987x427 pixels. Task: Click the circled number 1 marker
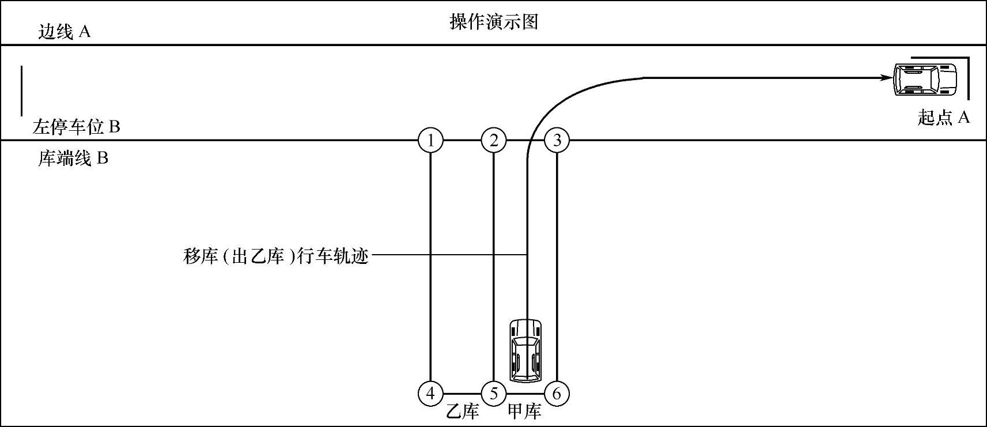pyautogui.click(x=430, y=140)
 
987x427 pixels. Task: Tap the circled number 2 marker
pyautogui.click(x=494, y=140)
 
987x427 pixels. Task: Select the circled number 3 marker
pyautogui.click(x=557, y=140)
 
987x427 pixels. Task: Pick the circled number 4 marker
pyautogui.click(x=430, y=394)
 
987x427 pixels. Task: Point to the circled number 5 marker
pyautogui.click(x=494, y=394)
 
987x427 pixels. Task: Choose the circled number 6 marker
pyautogui.click(x=557, y=394)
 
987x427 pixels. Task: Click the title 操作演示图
pyautogui.click(x=493, y=22)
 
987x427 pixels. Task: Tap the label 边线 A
pyautogui.click(x=64, y=32)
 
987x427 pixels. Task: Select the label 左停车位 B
pyautogui.click(x=76, y=127)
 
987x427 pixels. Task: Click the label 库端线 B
pyautogui.click(x=73, y=158)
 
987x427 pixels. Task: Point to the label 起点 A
pyautogui.click(x=943, y=118)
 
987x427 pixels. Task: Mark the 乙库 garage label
pyautogui.click(x=463, y=411)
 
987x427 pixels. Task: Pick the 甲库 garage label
pyautogui.click(x=524, y=411)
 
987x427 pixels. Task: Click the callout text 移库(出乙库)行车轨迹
pyautogui.click(x=275, y=255)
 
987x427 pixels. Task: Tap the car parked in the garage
pyautogui.click(x=525, y=350)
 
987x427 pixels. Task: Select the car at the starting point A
pyautogui.click(x=924, y=79)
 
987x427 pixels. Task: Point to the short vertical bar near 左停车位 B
pyautogui.click(x=22, y=90)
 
